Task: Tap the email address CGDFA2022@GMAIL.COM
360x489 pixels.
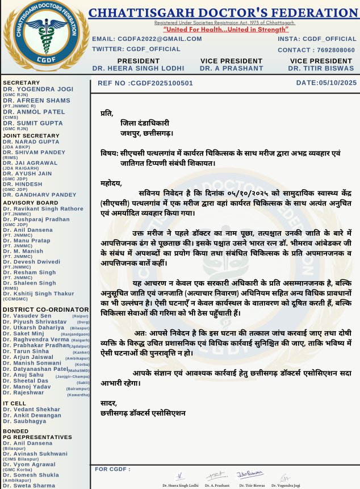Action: (x=148, y=39)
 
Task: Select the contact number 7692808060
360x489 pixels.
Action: (x=332, y=50)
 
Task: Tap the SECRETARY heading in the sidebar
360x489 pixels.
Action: (x=22, y=83)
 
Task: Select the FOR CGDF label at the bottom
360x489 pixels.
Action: (x=113, y=469)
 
